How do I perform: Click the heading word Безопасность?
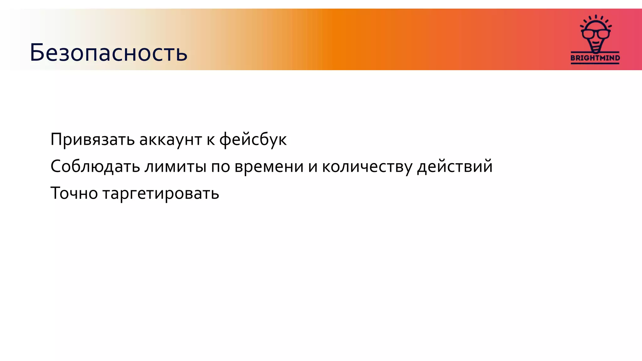pyautogui.click(x=108, y=53)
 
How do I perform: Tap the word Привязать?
pyautogui.click(x=92, y=140)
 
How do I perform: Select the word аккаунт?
pyautogui.click(x=170, y=140)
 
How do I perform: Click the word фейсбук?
pyautogui.click(x=253, y=140)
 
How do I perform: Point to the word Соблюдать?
pyautogui.click(x=95, y=166)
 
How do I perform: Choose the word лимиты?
pyautogui.click(x=175, y=166)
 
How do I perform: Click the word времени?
pyautogui.click(x=269, y=166)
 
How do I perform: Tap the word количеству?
pyautogui.click(x=367, y=166)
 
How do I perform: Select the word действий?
pyautogui.click(x=455, y=166)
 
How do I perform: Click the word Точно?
pyautogui.click(x=74, y=193)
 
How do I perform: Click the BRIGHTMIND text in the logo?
pyautogui.click(x=595, y=58)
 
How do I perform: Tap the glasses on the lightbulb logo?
pyautogui.click(x=595, y=33)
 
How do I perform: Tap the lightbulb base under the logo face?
pyautogui.click(x=595, y=48)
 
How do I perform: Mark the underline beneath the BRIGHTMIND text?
pyautogui.click(x=595, y=63)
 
